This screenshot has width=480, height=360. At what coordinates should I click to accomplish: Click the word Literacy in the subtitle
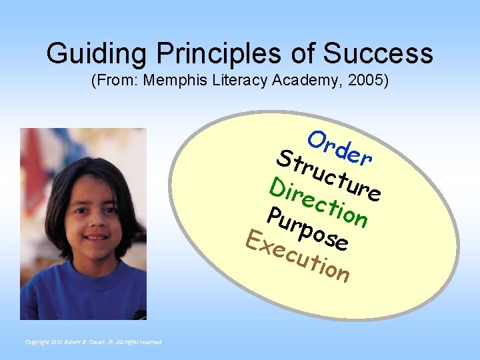tap(243, 81)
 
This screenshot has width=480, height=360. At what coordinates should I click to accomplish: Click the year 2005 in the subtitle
tap(365, 81)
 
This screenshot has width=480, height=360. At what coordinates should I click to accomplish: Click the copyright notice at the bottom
tap(93, 342)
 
